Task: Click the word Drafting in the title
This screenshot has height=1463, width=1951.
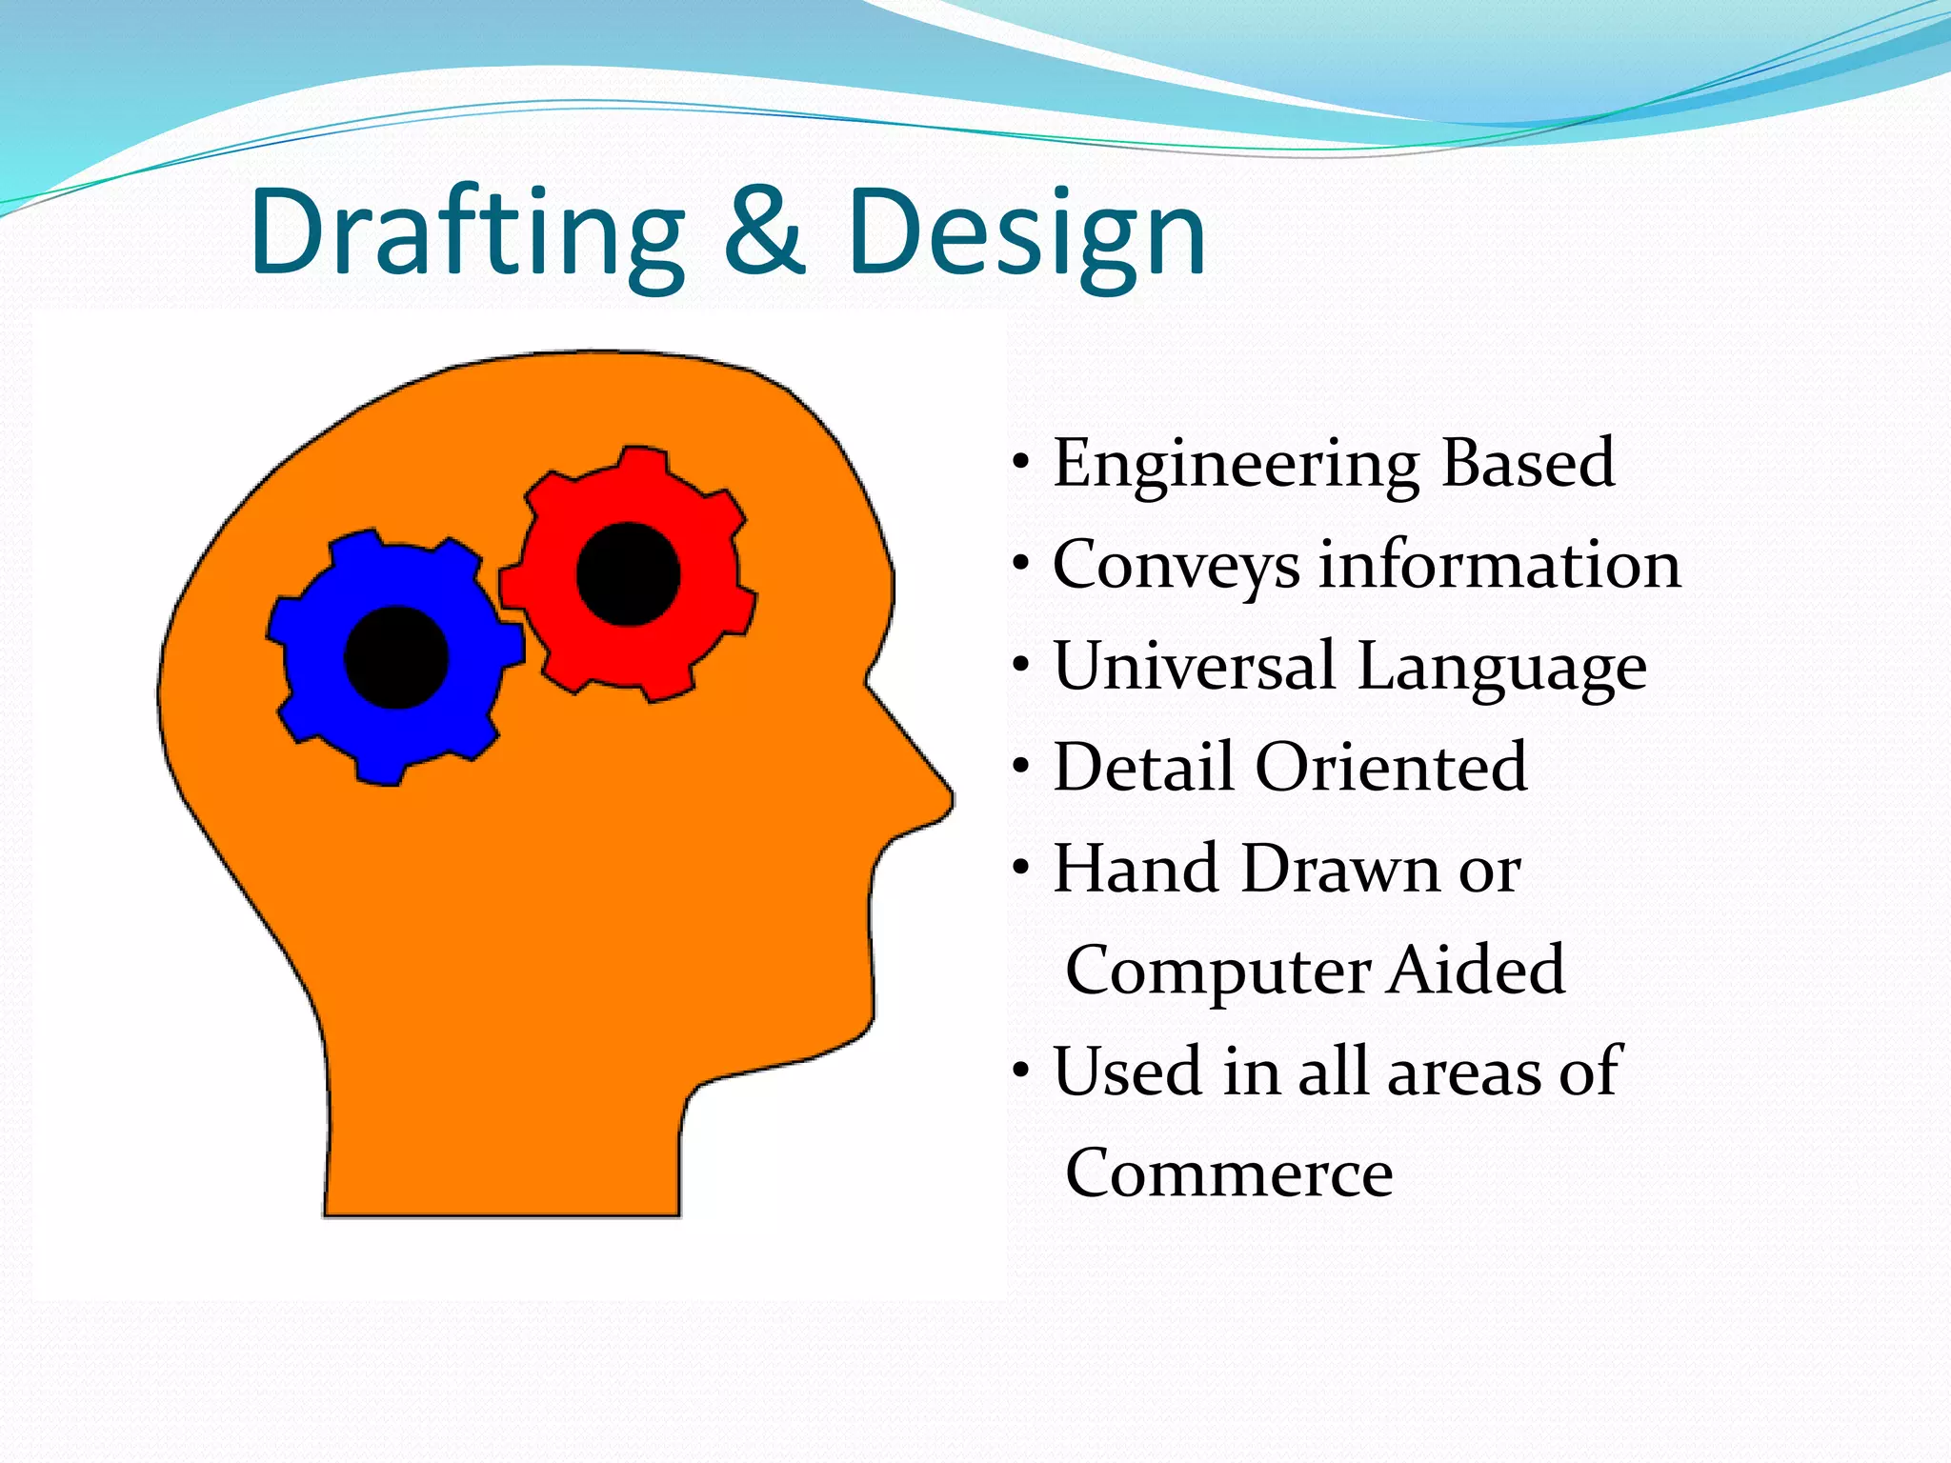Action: coord(467,233)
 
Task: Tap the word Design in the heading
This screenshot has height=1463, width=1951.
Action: coord(1026,233)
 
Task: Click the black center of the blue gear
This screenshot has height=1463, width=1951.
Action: coord(395,657)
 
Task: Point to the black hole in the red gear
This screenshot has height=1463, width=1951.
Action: coord(628,574)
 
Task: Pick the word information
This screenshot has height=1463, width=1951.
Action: coord(1499,564)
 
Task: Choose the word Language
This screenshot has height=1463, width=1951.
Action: coord(1501,667)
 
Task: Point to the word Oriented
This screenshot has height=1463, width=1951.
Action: coord(1391,767)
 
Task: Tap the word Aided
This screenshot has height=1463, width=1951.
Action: coord(1476,970)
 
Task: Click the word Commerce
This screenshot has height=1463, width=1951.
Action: coord(1228,1172)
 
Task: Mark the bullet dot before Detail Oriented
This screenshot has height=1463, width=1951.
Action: coord(1021,767)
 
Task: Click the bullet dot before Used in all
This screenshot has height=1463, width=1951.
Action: coord(1021,1072)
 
